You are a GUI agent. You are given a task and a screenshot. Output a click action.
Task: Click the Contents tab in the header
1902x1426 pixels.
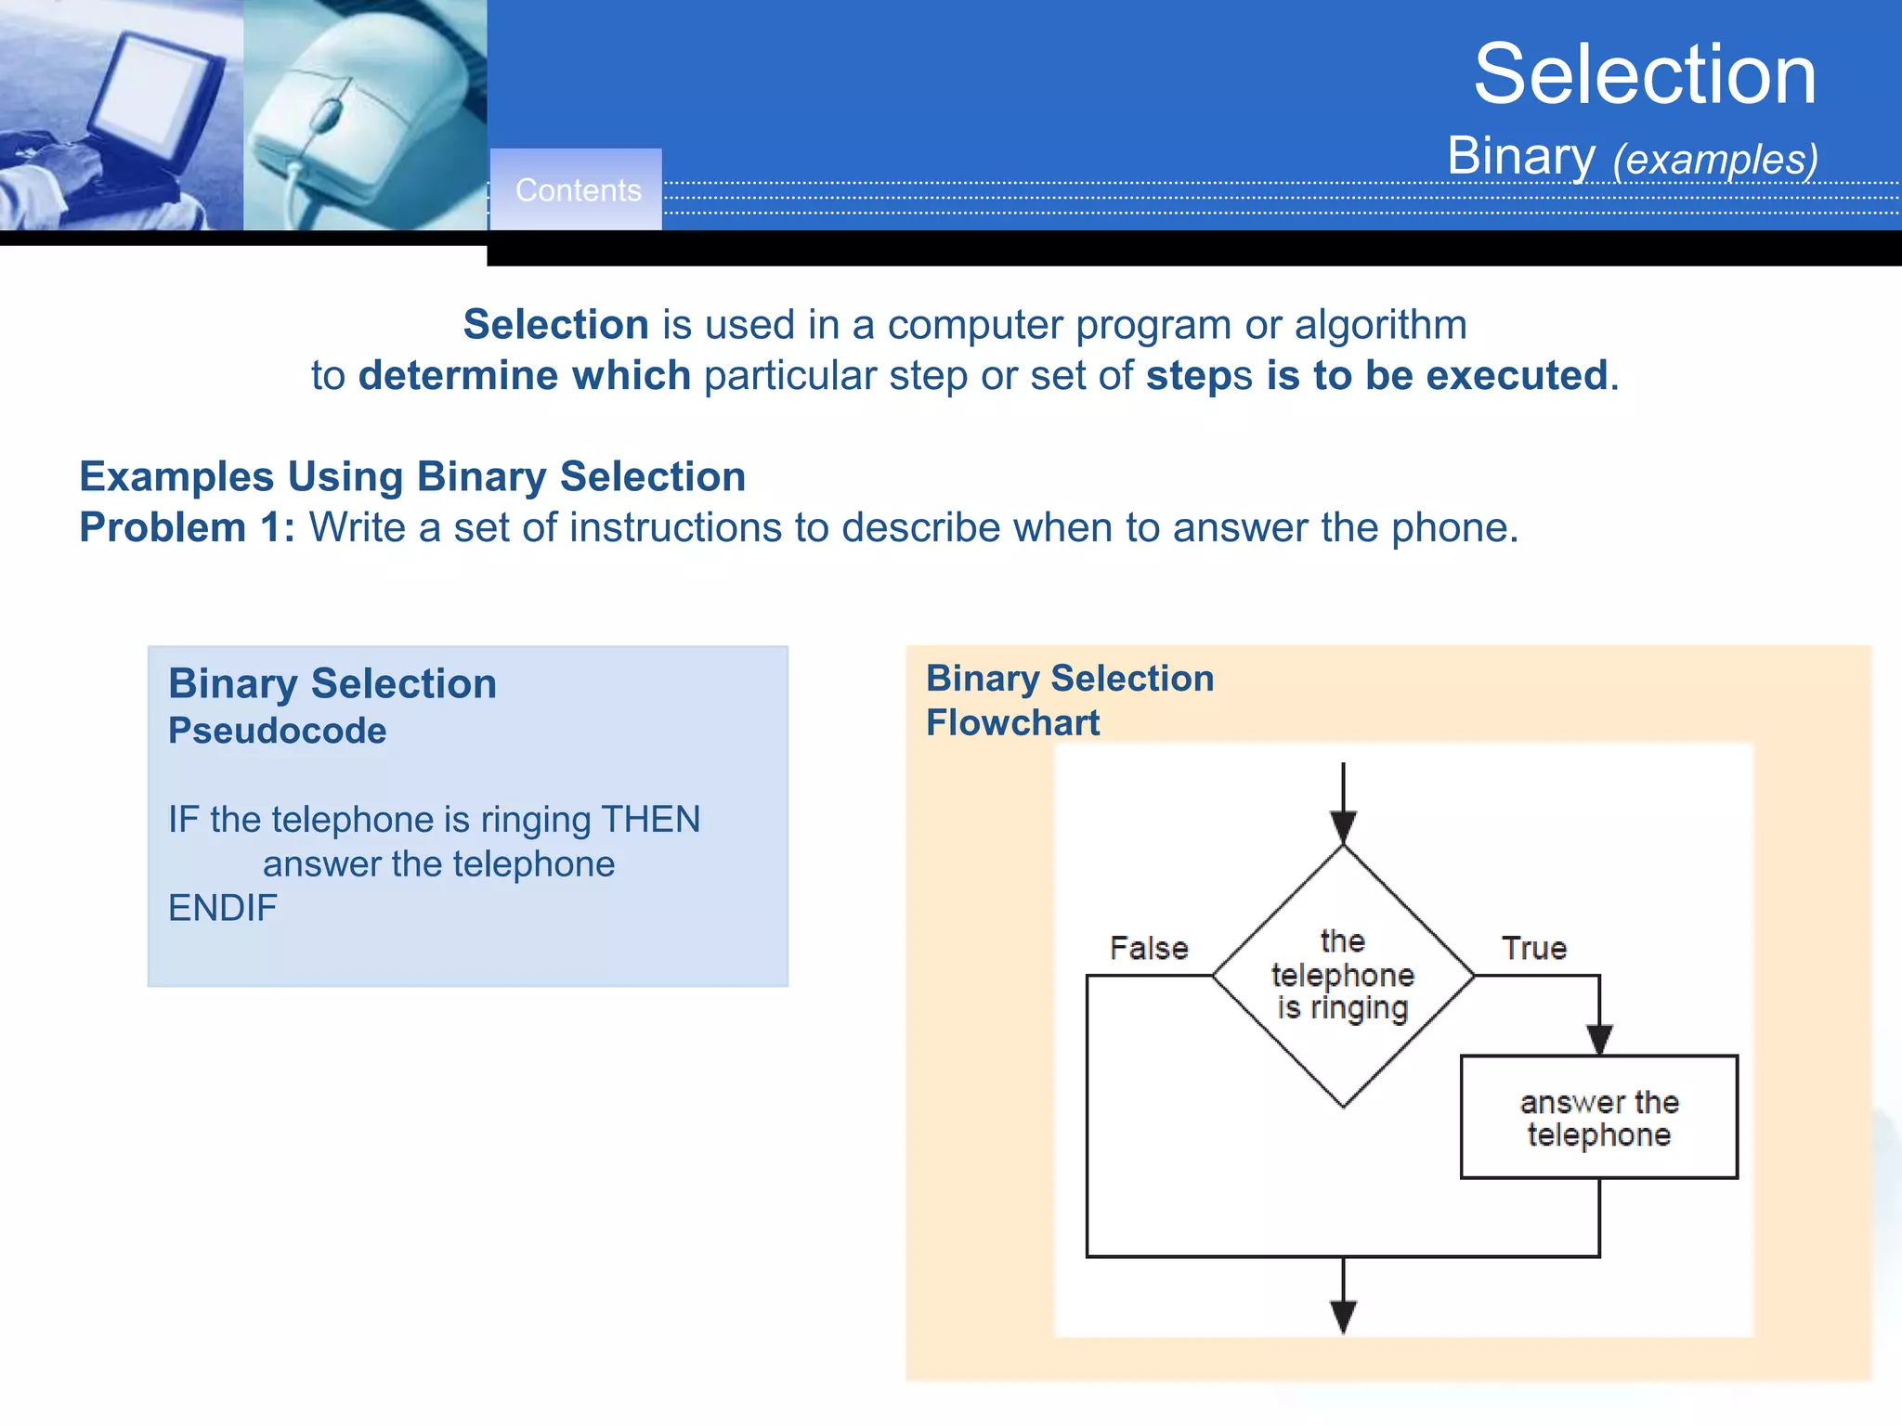click(x=577, y=190)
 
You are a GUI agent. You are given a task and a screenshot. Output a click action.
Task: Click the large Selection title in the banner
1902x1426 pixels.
click(x=1644, y=74)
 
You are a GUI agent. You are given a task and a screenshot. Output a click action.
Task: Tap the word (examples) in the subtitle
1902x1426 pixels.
click(x=1714, y=160)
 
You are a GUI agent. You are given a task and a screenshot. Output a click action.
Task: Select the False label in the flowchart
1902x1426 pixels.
click(x=1149, y=948)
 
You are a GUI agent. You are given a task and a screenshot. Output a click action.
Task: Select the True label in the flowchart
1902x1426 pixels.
click(x=1533, y=948)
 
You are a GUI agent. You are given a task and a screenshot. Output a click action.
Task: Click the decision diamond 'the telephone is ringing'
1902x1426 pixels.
click(x=1343, y=976)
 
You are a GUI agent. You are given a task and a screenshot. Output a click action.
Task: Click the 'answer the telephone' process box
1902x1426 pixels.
click(x=1598, y=1117)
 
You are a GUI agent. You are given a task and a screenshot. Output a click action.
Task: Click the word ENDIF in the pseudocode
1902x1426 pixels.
click(x=223, y=908)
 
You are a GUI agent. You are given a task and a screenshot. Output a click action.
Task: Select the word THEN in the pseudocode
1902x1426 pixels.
click(x=650, y=820)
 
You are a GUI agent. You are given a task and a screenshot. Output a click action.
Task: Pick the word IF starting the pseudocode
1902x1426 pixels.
click(x=183, y=820)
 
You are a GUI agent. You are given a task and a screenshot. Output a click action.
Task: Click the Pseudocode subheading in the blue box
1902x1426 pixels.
click(x=277, y=731)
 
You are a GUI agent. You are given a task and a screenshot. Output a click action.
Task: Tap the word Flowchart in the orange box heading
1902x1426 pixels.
click(x=1012, y=723)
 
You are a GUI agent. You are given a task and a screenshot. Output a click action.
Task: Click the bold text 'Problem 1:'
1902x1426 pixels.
click(x=187, y=527)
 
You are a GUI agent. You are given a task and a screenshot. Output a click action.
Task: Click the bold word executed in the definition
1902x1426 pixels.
click(x=1516, y=376)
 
